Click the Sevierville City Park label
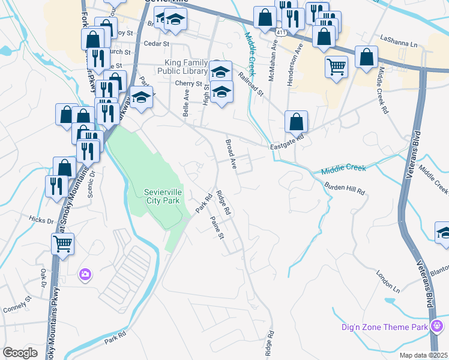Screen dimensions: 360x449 click(x=163, y=196)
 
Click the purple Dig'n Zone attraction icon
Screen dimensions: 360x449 click(x=437, y=326)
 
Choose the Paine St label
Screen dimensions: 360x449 click(x=217, y=227)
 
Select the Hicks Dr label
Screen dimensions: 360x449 click(x=41, y=220)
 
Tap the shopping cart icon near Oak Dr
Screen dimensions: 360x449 click(x=62, y=244)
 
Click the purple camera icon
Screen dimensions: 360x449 click(x=85, y=274)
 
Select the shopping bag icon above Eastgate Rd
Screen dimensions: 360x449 click(x=296, y=121)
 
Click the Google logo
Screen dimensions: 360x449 click(x=20, y=352)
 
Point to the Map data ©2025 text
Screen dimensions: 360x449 click(x=423, y=355)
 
